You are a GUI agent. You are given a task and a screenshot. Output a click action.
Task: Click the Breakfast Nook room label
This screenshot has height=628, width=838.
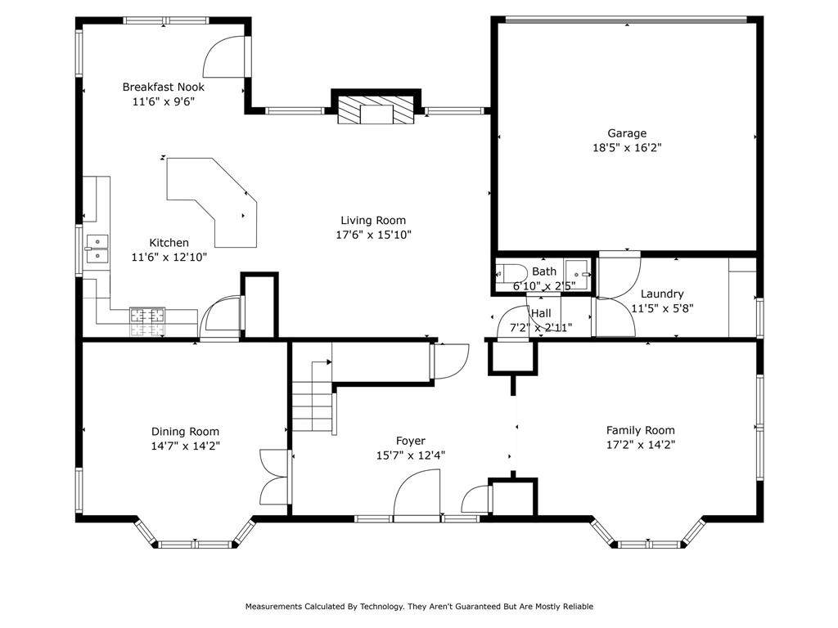[163, 87]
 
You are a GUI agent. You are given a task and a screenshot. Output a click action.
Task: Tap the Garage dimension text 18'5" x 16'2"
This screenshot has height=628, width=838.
[627, 147]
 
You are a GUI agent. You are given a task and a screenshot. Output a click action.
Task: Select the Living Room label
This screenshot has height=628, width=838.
[373, 220]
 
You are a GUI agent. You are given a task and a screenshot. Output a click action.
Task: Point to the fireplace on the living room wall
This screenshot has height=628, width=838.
[376, 110]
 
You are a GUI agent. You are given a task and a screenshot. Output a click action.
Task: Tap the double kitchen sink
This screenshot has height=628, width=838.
[97, 249]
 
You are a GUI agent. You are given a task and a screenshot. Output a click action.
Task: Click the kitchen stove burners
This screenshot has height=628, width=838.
[147, 322]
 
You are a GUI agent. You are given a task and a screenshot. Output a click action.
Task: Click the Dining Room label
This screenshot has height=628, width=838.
[185, 432]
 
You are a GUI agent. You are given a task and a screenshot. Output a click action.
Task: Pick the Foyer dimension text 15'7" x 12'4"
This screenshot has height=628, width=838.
[411, 455]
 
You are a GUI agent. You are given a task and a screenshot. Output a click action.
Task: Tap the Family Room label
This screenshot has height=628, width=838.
[640, 430]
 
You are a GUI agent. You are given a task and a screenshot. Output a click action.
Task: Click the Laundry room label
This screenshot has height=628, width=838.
[662, 294]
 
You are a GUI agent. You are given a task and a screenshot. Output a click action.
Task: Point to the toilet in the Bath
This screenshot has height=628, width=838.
[504, 274]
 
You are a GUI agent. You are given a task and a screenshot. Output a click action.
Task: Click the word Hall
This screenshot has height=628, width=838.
[542, 313]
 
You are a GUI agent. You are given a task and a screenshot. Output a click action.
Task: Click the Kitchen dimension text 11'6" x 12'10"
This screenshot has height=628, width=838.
[169, 257]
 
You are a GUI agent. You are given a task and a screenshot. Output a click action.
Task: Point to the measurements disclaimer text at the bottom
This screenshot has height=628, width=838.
[419, 606]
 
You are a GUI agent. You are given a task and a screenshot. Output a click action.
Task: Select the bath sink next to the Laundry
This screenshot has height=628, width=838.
[578, 274]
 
